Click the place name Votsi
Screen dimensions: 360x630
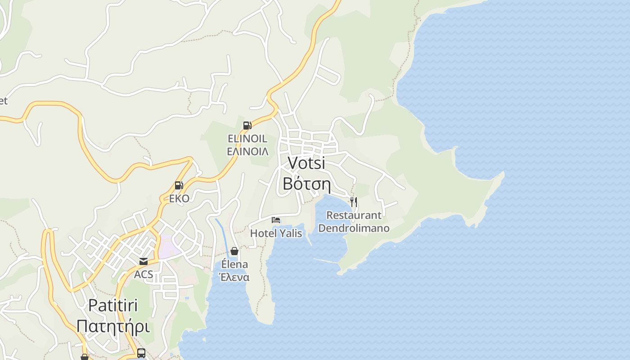(x=306, y=163)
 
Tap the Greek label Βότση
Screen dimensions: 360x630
(x=306, y=184)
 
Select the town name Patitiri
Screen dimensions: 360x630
(x=113, y=306)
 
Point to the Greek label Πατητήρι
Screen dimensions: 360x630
(x=113, y=326)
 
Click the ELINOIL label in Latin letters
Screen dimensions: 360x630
(x=247, y=139)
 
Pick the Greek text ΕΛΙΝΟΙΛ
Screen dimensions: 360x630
(x=247, y=151)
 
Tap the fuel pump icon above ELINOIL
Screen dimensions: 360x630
(x=247, y=126)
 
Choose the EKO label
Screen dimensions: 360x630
(x=179, y=198)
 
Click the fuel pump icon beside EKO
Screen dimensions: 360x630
(x=179, y=185)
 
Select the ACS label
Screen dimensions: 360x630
(x=144, y=274)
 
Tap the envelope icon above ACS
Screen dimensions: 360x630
(x=144, y=261)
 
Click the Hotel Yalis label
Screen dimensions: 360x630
(x=276, y=233)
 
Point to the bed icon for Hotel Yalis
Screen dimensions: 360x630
(x=276, y=220)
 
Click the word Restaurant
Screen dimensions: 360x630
(x=354, y=216)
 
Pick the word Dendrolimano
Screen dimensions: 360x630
(x=354, y=228)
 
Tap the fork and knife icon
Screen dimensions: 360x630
(x=354, y=202)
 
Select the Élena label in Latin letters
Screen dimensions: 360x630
(x=234, y=264)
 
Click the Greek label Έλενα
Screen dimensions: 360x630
(x=234, y=277)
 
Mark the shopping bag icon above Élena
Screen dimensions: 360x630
(x=234, y=251)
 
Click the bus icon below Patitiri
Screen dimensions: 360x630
(x=141, y=353)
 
